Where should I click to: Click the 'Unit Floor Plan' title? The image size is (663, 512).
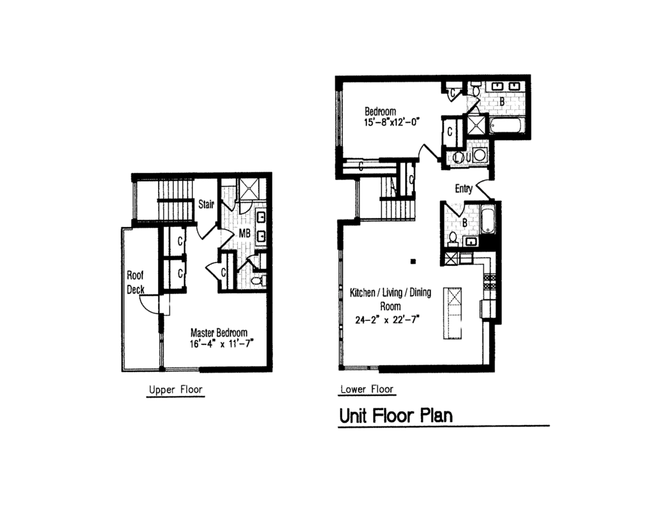point(396,416)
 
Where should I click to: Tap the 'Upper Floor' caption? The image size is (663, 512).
point(176,390)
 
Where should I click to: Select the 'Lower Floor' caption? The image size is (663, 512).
point(367,389)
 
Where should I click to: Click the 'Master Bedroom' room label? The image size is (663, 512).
point(219,332)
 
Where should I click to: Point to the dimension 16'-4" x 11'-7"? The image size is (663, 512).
point(221,344)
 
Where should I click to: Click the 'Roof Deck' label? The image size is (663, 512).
point(135,282)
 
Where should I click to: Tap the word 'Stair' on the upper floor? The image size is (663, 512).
point(206,204)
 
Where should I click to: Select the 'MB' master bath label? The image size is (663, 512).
point(244,234)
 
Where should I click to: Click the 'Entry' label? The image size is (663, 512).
point(464,189)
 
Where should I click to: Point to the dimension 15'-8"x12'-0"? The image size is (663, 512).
point(391,122)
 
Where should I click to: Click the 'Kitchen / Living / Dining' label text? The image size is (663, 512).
point(391,293)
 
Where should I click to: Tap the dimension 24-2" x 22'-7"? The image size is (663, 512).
point(387,320)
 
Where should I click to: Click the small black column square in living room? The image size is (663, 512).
point(413,262)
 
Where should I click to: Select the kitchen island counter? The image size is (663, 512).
point(452,313)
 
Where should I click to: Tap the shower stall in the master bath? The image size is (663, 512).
point(247,190)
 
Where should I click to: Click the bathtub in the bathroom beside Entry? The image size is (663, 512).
point(488,220)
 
